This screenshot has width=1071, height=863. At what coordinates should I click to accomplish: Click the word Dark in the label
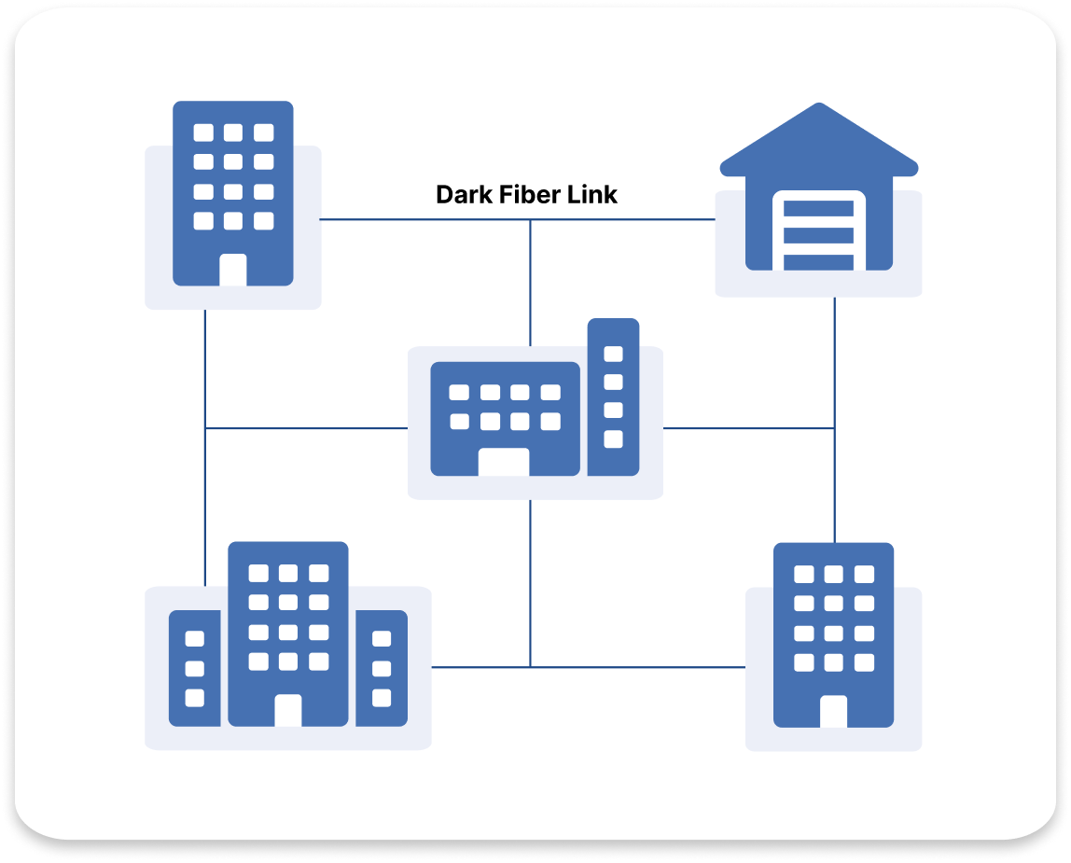click(462, 195)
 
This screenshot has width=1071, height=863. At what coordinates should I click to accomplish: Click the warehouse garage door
click(818, 233)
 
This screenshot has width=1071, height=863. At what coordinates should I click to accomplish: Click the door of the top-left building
click(233, 270)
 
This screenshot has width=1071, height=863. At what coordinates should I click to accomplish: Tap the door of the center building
click(503, 462)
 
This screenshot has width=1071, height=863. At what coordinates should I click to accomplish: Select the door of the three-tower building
click(288, 710)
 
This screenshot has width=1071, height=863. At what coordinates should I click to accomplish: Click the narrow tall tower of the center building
click(613, 397)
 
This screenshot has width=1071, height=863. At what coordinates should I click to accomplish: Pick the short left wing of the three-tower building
click(194, 668)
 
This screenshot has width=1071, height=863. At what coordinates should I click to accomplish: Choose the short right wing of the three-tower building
click(382, 668)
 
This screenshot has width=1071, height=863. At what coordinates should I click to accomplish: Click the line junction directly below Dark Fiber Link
click(530, 220)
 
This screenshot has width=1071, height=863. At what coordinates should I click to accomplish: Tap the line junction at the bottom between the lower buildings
click(530, 667)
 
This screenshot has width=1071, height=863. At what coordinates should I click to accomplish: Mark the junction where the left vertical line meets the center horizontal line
click(205, 428)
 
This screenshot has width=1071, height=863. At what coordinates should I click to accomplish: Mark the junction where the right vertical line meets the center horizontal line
click(834, 428)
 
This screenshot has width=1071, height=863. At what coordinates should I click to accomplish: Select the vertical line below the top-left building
click(205, 373)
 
